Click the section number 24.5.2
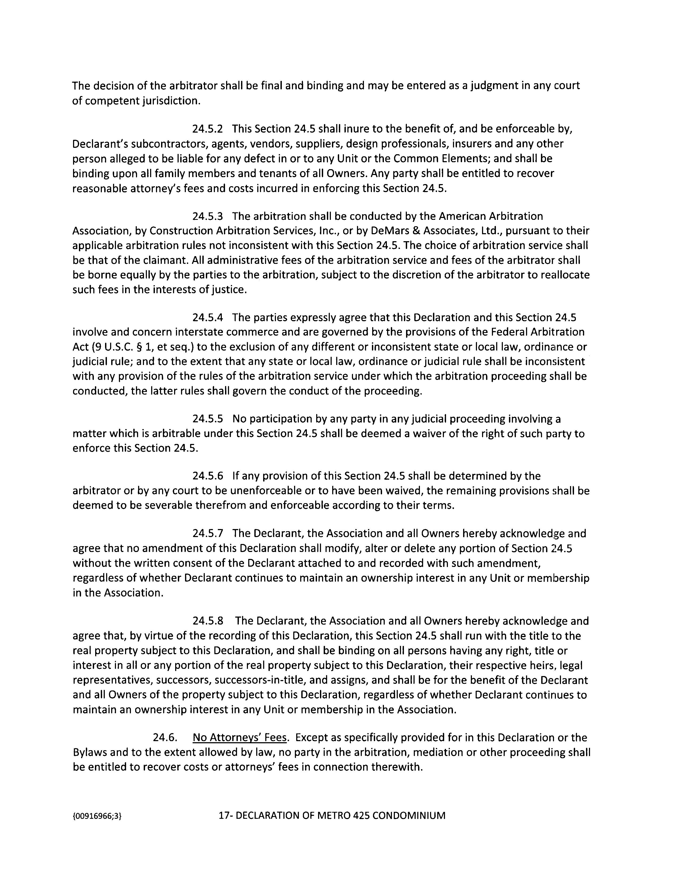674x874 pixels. pos(207,129)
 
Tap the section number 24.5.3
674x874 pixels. pos(207,216)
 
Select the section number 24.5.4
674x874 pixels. pos(207,317)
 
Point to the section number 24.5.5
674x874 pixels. pos(207,419)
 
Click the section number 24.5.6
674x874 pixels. pos(207,476)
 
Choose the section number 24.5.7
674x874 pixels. pos(207,534)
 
